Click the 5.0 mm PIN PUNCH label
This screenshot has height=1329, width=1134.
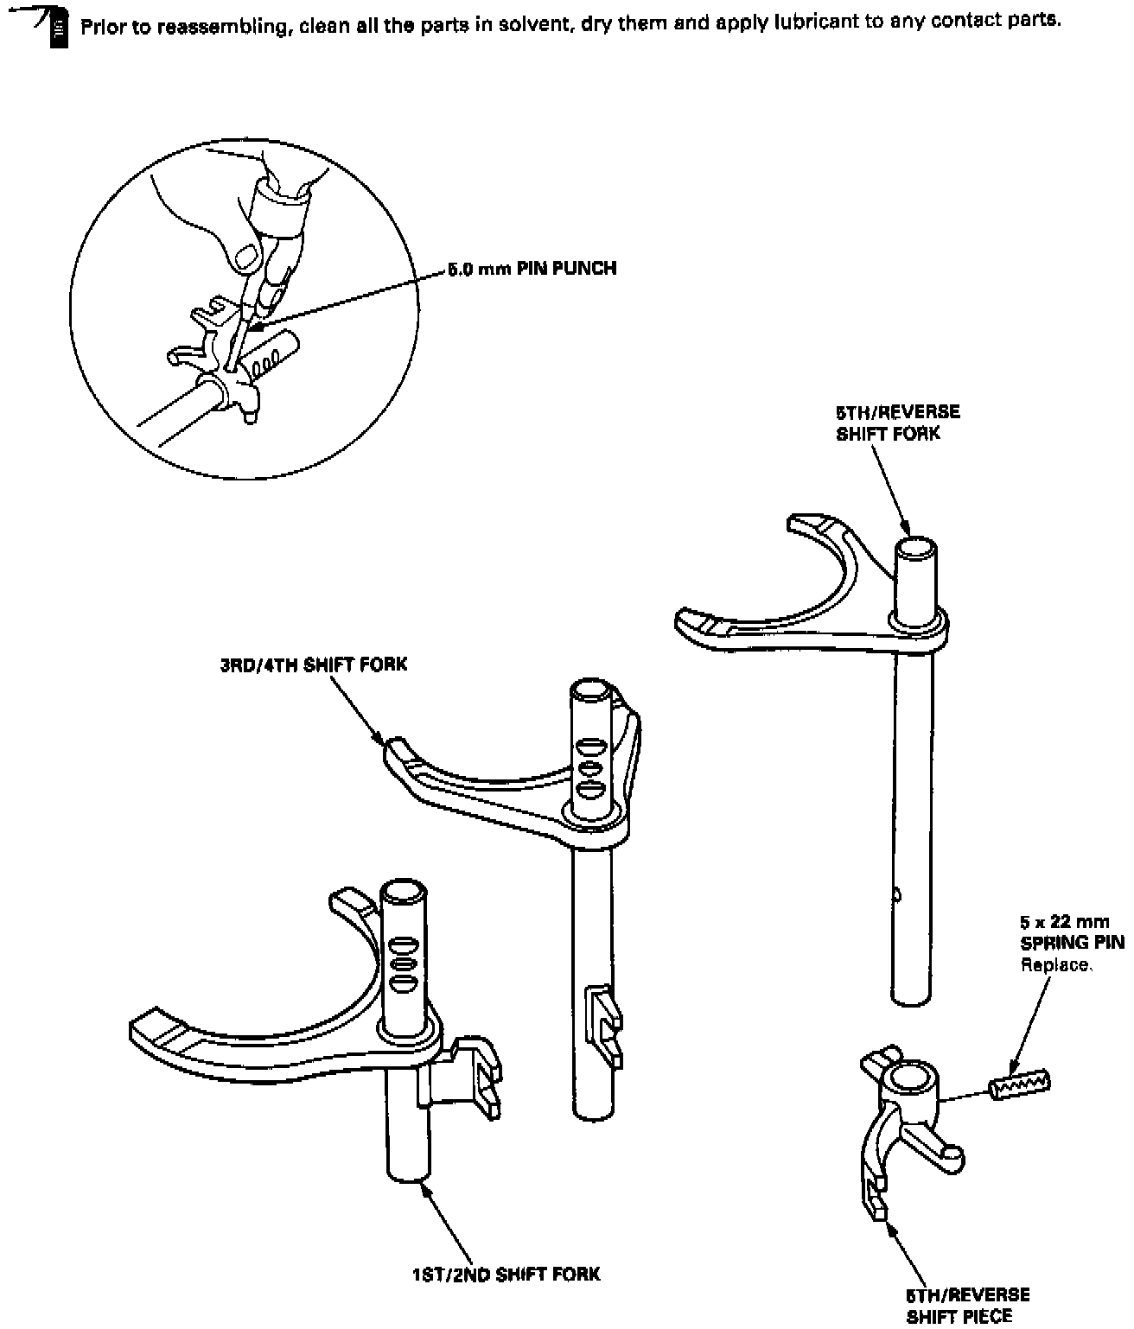pyautogui.click(x=532, y=269)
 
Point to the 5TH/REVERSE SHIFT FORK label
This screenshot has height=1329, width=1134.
pyautogui.click(x=898, y=423)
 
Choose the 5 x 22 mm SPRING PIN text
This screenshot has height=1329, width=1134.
pyautogui.click(x=1072, y=932)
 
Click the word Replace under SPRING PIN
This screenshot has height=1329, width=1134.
pyautogui.click(x=1056, y=965)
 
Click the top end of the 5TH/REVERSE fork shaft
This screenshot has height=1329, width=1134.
pyautogui.click(x=914, y=549)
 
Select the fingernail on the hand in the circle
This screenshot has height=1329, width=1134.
pyautogui.click(x=248, y=255)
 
